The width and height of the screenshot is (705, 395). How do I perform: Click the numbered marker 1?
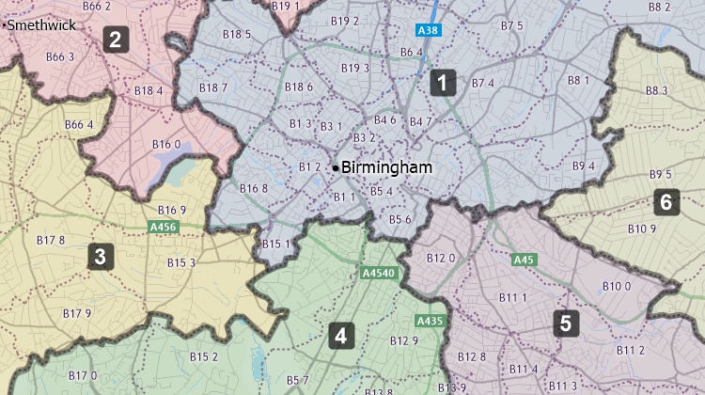(443, 83)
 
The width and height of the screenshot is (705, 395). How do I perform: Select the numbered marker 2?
(115, 39)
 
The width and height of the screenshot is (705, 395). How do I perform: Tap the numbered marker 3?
(98, 256)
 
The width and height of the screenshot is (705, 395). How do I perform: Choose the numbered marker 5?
(564, 324)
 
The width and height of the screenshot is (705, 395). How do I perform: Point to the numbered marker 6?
(666, 201)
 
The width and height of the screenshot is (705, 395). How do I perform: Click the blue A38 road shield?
(429, 31)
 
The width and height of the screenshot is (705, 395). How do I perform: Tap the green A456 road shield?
(163, 227)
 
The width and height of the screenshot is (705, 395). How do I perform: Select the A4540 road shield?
(380, 274)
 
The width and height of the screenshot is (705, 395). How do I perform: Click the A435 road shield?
(430, 321)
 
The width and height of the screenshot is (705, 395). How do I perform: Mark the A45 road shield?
(525, 260)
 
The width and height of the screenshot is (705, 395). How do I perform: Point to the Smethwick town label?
(41, 25)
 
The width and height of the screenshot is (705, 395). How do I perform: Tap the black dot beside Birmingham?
(336, 167)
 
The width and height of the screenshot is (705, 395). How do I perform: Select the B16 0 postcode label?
(166, 144)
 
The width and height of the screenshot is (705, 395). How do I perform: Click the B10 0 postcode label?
(617, 286)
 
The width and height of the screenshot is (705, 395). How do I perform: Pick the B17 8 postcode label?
(50, 240)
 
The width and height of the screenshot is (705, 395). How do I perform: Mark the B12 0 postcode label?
(441, 258)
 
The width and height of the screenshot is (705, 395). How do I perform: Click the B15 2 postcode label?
(203, 356)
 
